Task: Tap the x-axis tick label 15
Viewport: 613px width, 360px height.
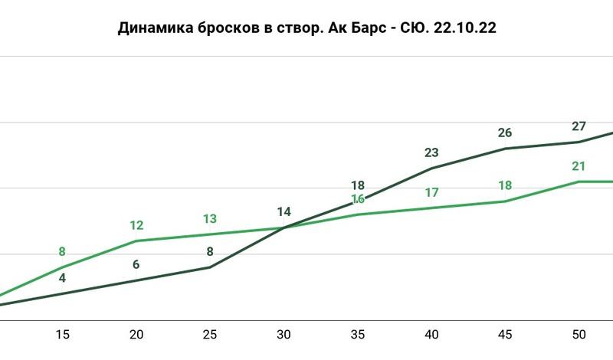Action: coord(63,335)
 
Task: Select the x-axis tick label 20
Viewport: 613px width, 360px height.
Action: coord(136,335)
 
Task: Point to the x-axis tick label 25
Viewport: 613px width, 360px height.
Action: coord(210,335)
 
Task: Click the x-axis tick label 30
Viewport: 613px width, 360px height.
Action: coord(284,335)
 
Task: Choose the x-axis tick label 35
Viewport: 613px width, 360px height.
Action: coord(357,335)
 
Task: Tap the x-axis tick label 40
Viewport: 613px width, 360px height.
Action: coord(431,335)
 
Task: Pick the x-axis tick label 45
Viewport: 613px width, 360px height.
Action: coord(505,335)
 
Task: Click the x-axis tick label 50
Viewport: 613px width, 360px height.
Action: coord(579,335)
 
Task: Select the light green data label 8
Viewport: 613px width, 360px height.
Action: coord(63,251)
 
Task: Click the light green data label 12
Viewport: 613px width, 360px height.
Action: coord(136,225)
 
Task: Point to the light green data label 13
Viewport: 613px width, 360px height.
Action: coord(210,219)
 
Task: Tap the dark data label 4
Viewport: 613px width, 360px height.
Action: coord(63,278)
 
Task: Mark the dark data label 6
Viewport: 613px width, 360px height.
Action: coord(136,265)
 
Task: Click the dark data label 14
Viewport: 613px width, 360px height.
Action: coord(284,212)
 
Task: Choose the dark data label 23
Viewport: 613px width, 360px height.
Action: coord(431,152)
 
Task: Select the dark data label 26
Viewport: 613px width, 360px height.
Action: coord(505,133)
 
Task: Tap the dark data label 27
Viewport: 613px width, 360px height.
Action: coord(579,126)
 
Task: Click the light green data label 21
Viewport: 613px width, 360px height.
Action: coord(579,166)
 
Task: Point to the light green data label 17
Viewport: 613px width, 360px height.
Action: coord(431,192)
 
